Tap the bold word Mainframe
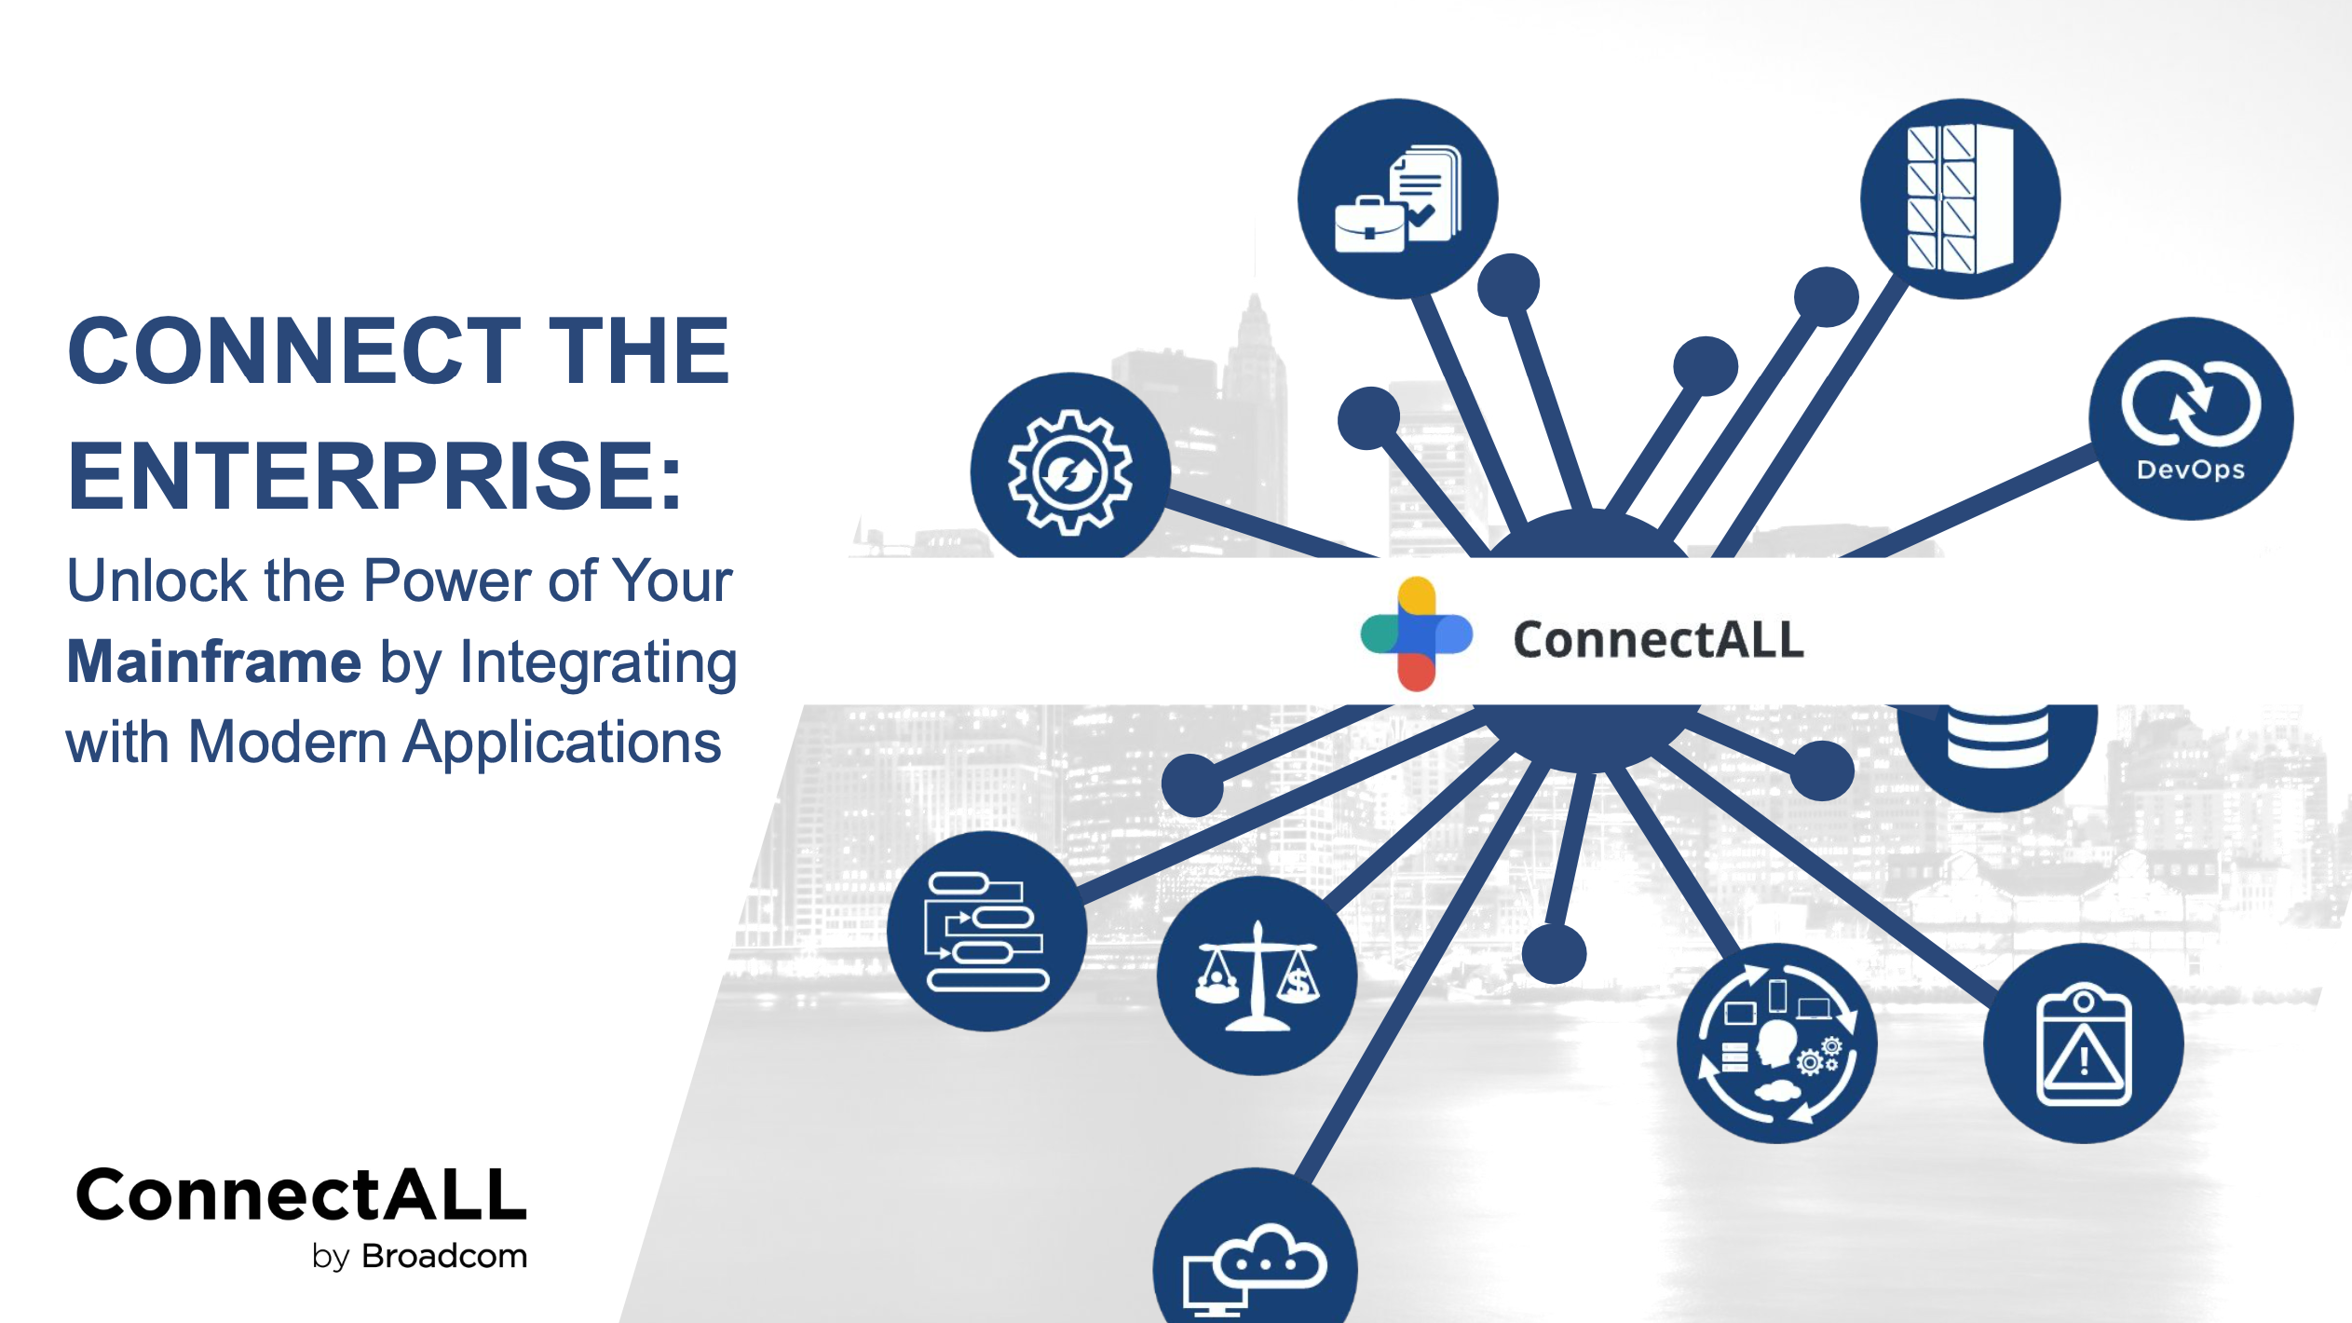(x=214, y=661)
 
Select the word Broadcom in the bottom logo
(x=444, y=1256)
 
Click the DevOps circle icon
(x=2191, y=418)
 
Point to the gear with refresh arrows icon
(x=1070, y=471)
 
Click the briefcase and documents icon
(x=1397, y=198)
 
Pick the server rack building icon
(x=1960, y=198)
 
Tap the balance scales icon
(x=1257, y=975)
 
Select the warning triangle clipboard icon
(x=2083, y=1043)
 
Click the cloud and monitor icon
(x=1255, y=1253)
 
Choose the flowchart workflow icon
(x=986, y=931)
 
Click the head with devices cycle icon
(x=1776, y=1043)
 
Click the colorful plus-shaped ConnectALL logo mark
(x=1416, y=634)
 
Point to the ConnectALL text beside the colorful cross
(x=1658, y=640)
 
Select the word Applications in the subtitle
(x=563, y=743)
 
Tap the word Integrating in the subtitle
(x=598, y=663)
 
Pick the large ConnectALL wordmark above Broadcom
(x=302, y=1194)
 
